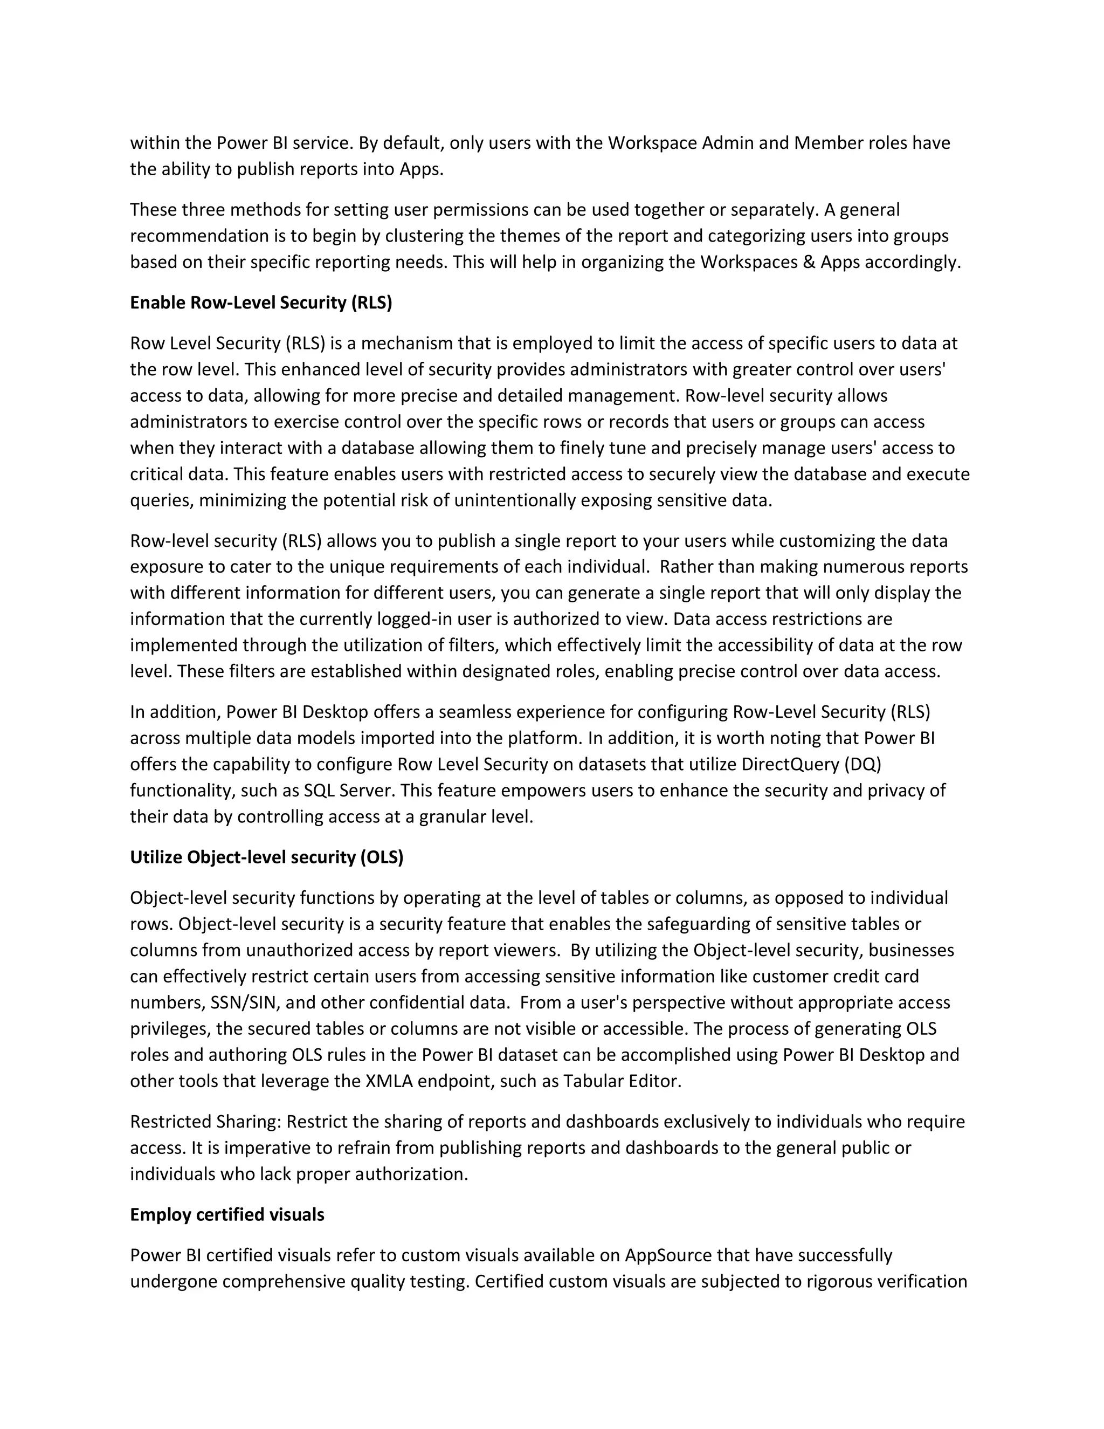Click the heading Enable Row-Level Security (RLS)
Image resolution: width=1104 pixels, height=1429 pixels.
[261, 303]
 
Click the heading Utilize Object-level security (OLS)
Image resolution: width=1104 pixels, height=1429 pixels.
[267, 857]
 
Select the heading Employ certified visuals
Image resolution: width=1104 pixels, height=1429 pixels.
[227, 1215]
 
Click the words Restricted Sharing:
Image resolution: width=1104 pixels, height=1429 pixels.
[205, 1122]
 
